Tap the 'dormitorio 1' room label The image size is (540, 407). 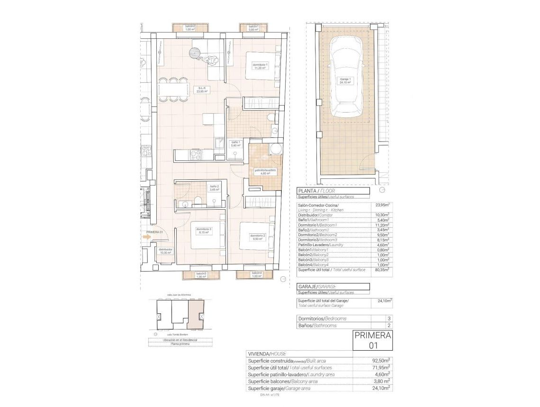(x=260, y=66)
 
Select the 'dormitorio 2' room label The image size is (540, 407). (x=257, y=237)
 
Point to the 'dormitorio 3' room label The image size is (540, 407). (x=205, y=230)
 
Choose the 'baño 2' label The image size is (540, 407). (x=214, y=188)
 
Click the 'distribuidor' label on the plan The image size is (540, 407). (x=165, y=251)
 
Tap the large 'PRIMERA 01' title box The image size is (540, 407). (x=373, y=340)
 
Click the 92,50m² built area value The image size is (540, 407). (x=381, y=361)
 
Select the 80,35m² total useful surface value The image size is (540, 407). (x=381, y=270)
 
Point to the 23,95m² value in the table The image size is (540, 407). (x=381, y=205)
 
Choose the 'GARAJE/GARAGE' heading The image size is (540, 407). (x=316, y=287)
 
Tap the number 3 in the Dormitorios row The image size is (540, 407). (x=389, y=319)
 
